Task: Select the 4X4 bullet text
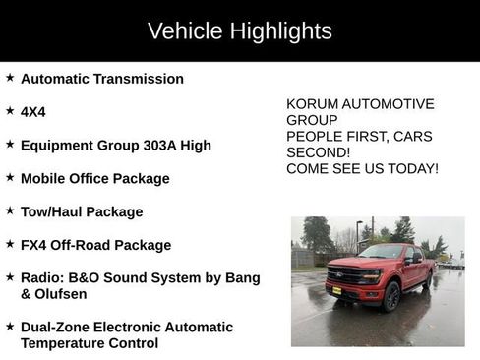33,112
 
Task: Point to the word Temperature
65,343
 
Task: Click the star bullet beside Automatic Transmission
10,78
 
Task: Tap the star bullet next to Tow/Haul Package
10,210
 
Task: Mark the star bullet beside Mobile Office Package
10,178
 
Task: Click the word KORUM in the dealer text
312,103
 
